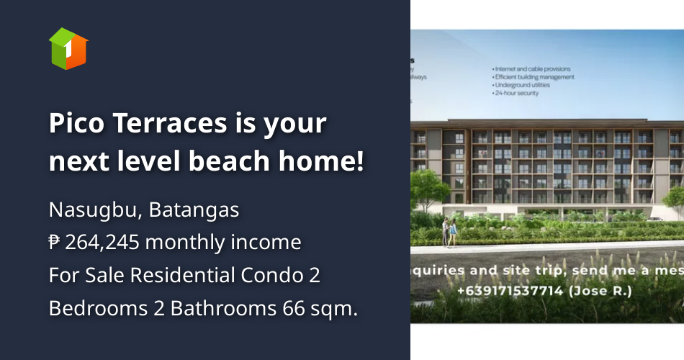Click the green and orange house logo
pos(68,48)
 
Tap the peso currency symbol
pos(54,243)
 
